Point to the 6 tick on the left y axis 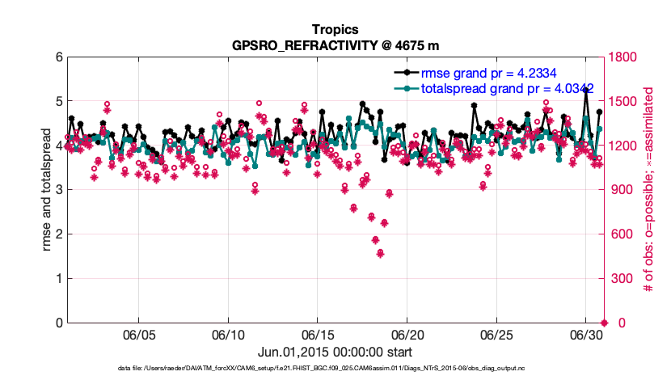[x=58, y=57]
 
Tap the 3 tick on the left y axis [x=58, y=190]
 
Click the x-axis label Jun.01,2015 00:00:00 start [x=335, y=352]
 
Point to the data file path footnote [x=335, y=369]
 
